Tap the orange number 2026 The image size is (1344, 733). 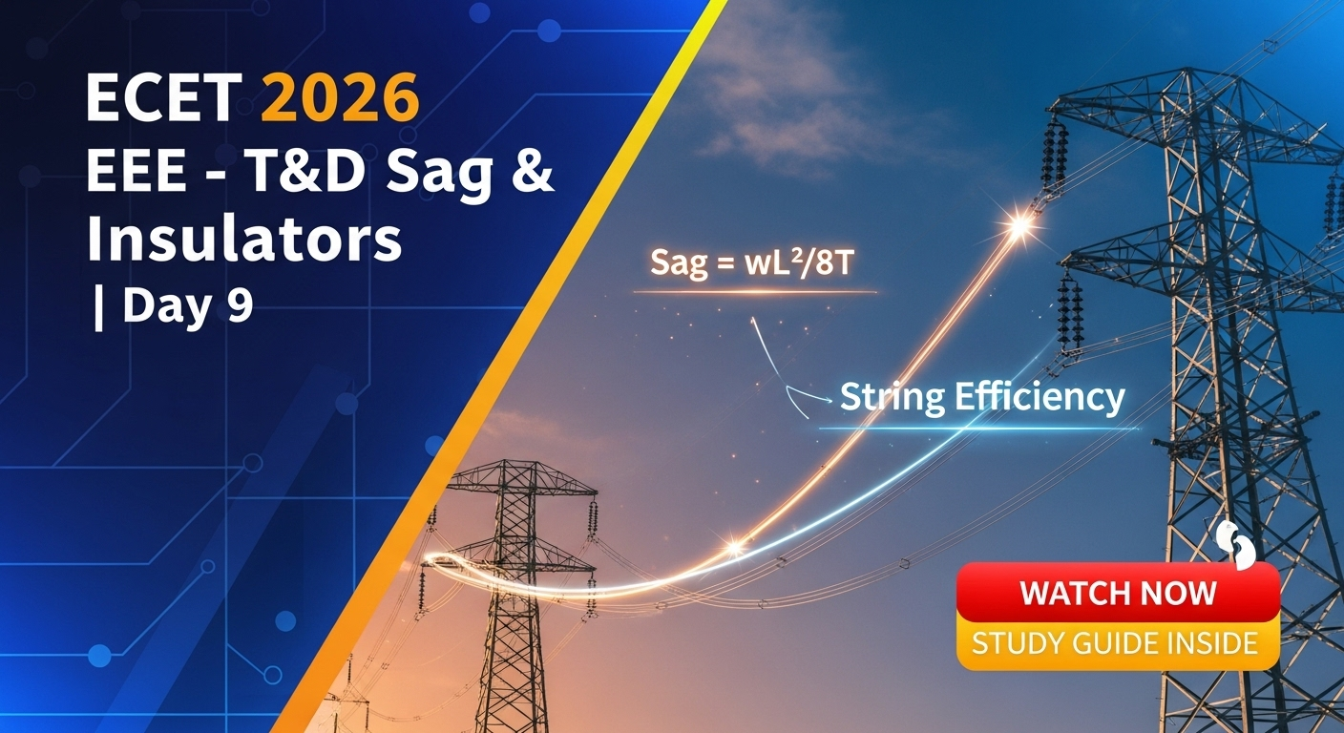pos(340,97)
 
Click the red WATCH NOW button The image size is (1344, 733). pos(1118,592)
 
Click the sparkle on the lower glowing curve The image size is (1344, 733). pos(734,548)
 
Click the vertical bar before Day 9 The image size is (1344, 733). pos(98,306)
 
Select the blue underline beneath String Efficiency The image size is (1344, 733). pos(978,429)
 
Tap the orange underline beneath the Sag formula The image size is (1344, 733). pos(755,293)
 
